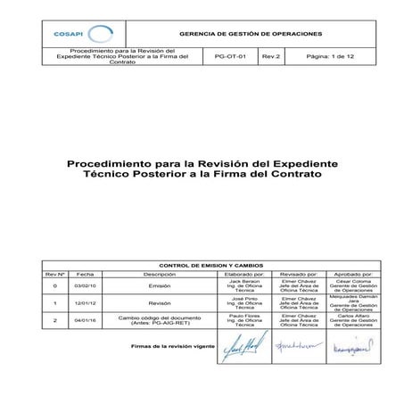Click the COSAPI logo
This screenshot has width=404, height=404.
(78, 33)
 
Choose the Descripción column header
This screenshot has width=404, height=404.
(160, 275)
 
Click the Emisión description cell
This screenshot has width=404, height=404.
(160, 286)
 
